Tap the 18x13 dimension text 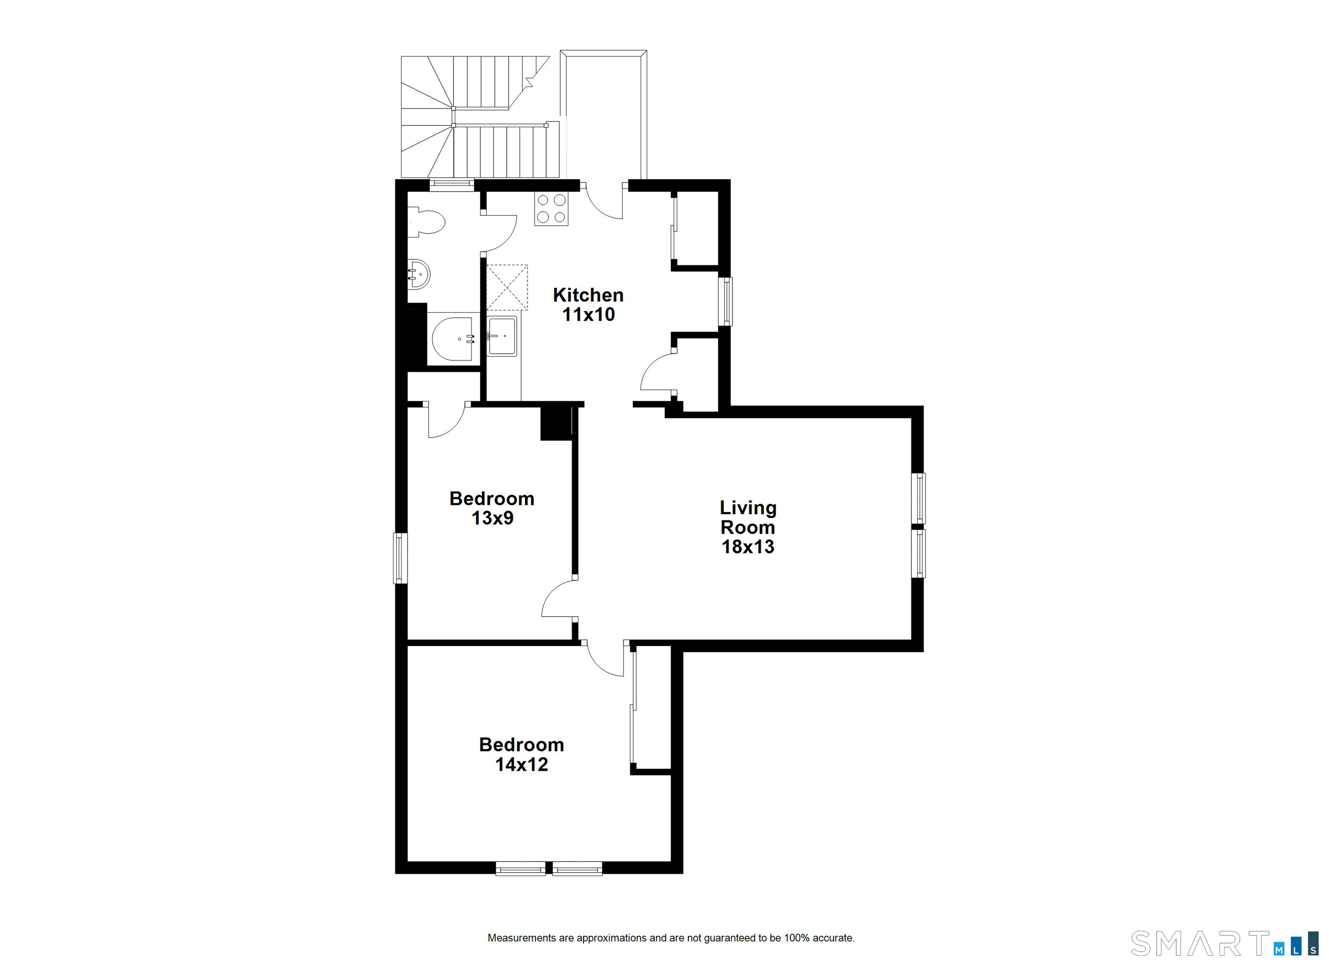tap(748, 547)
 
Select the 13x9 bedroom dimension tap(492, 518)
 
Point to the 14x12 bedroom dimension tap(522, 764)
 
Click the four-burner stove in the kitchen tap(551, 209)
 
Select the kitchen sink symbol tap(501, 336)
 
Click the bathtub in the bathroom tap(453, 339)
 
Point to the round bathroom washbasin tap(418, 274)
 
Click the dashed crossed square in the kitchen tap(507, 287)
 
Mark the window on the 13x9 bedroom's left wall tap(400, 558)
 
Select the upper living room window tap(918, 498)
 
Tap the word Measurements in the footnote tap(522, 938)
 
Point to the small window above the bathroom tap(451, 185)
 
